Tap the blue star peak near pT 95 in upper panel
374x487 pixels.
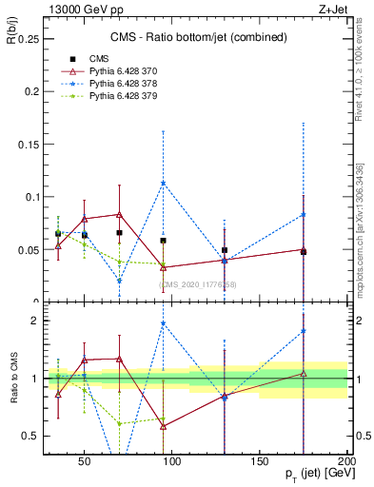point(164,184)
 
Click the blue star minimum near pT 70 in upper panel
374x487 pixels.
point(119,281)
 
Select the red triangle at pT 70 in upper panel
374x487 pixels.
point(119,215)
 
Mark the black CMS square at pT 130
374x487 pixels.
point(225,250)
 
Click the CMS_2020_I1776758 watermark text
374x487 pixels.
point(198,284)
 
